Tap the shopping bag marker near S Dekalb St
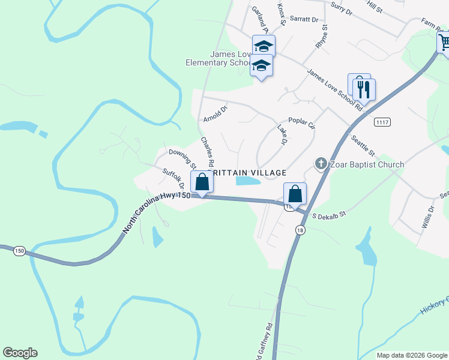[x=295, y=194]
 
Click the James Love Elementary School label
[x=231, y=58]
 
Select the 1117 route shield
[x=382, y=122]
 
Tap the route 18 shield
[x=300, y=230]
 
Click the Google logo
[x=20, y=353]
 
